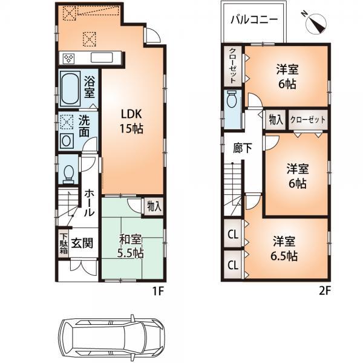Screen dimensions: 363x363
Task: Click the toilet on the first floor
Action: click(68, 173)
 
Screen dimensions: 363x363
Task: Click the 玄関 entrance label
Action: click(82, 243)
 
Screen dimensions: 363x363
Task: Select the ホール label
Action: click(88, 203)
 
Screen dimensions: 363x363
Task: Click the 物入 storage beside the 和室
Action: click(154, 206)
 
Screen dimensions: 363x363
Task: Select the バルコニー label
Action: click(254, 19)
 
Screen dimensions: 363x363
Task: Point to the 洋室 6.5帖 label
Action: click(283, 248)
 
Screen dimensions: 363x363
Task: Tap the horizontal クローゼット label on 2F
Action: click(308, 120)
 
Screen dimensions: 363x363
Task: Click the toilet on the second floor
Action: click(231, 100)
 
